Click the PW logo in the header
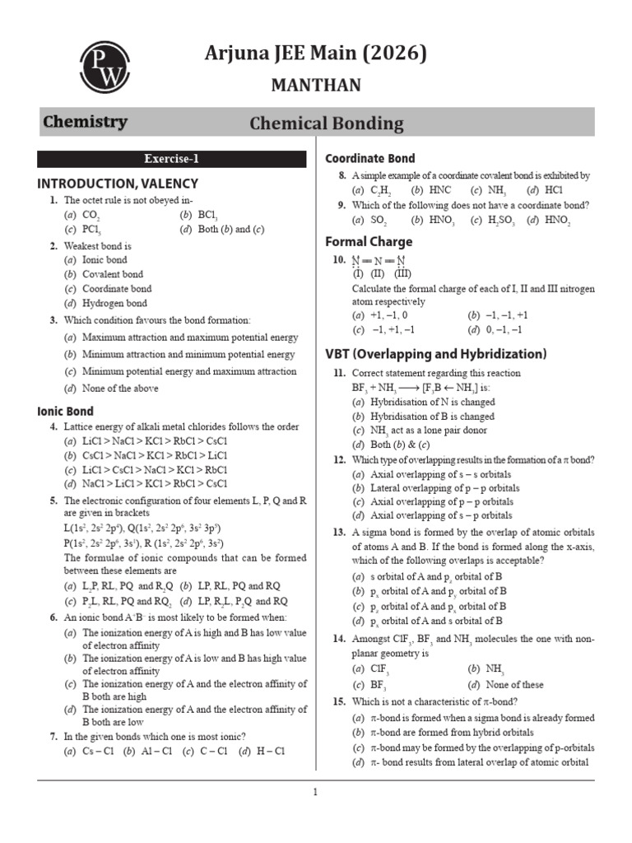point(104,68)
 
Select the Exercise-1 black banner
point(172,159)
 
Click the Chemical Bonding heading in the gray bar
point(327,123)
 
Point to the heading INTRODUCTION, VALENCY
point(118,184)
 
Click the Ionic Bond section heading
point(66,411)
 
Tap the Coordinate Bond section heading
point(370,158)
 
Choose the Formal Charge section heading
point(369,241)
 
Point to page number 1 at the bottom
point(314,793)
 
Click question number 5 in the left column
point(53,500)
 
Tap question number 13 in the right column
point(339,532)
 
